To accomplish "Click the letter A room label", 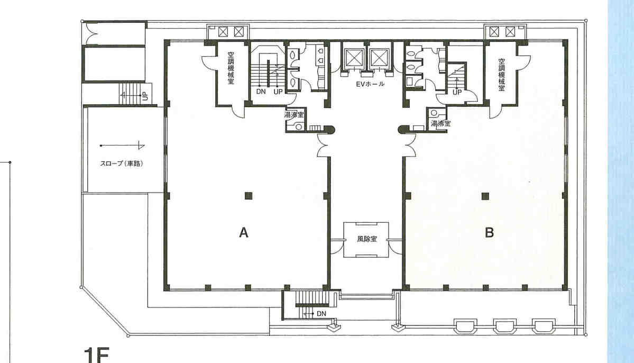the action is tap(243, 232).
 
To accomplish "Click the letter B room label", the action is tap(489, 232).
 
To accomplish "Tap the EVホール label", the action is tap(370, 84).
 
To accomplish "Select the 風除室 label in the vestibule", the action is tap(367, 239).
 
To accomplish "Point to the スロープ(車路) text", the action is tap(121, 164).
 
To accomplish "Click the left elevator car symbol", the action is tap(354, 58).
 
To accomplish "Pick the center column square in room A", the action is tap(249, 196).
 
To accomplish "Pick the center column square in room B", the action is tap(485, 196).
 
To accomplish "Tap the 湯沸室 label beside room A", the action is tap(295, 115).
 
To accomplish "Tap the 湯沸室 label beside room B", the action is tap(440, 123).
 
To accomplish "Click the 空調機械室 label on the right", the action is tap(502, 75).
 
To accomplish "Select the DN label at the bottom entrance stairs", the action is tap(321, 314).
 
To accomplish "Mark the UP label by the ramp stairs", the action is tap(145, 97).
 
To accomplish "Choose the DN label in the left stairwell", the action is tap(261, 92).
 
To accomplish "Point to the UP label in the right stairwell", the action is tap(457, 92).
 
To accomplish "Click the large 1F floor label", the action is tap(96, 355).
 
